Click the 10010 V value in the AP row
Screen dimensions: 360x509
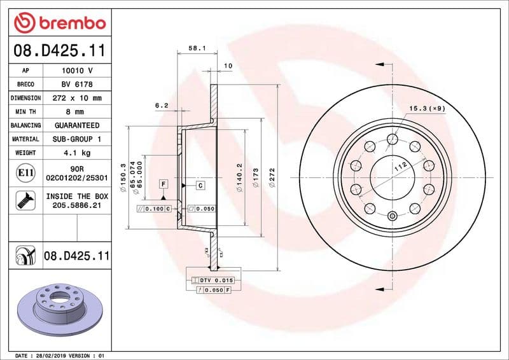click(x=77, y=71)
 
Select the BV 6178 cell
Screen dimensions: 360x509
click(x=77, y=85)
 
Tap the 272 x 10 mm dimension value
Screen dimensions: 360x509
click(x=77, y=98)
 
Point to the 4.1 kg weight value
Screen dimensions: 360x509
click(x=77, y=153)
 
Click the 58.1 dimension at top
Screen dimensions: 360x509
click(x=196, y=48)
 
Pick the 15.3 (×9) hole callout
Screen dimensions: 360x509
click(x=427, y=108)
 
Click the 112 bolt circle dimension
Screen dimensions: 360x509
click(x=399, y=167)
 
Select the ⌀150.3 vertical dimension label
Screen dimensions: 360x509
click(x=123, y=176)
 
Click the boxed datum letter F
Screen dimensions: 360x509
click(x=164, y=184)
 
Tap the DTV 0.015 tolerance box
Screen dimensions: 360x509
click(x=216, y=280)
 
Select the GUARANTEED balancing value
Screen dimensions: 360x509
click(x=77, y=125)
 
